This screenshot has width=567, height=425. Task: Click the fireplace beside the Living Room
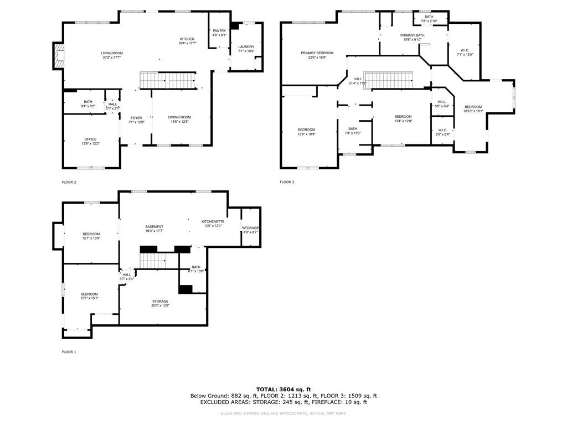pos(59,56)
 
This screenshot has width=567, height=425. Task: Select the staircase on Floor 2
pos(168,80)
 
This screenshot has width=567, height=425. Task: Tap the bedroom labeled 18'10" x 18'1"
pos(473,108)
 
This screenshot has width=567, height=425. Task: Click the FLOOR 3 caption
pos(287,182)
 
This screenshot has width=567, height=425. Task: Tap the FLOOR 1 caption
pos(69,352)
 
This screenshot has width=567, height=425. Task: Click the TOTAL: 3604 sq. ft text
pos(283,389)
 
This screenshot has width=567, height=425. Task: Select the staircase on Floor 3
pos(391,80)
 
